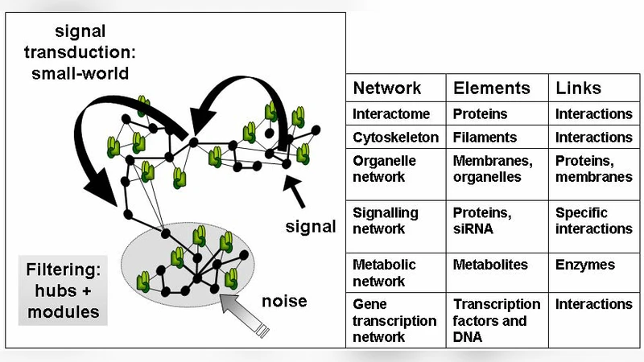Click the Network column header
point(386,88)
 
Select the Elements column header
point(492,88)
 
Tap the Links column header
point(578,88)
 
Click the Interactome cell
point(391,114)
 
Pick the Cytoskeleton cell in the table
point(396,138)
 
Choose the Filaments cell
point(485,138)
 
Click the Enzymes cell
point(584,265)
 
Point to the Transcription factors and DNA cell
point(497,320)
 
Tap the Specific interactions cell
point(593,221)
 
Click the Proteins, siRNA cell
point(481,221)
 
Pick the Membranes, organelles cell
point(487,168)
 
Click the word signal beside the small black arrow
point(311,227)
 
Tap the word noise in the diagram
point(284,301)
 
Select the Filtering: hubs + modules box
point(61,289)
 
